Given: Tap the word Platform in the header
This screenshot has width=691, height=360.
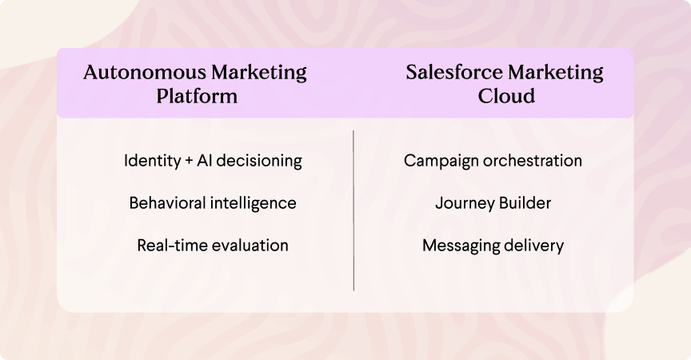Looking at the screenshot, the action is [197, 96].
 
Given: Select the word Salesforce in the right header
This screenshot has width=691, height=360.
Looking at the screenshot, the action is [454, 72].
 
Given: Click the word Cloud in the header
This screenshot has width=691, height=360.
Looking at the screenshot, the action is [506, 96].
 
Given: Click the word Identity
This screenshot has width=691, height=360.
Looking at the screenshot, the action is [153, 161].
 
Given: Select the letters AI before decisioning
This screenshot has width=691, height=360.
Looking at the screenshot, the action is [205, 160].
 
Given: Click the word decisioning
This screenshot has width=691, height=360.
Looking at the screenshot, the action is [259, 161].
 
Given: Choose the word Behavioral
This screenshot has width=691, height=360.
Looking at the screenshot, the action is [167, 203].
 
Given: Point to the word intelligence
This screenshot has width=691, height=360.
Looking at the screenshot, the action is [254, 203].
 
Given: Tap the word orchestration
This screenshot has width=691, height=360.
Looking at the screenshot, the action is [533, 160].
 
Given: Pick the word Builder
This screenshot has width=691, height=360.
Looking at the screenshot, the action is [525, 203].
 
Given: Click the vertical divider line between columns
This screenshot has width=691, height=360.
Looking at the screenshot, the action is [353, 210].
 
